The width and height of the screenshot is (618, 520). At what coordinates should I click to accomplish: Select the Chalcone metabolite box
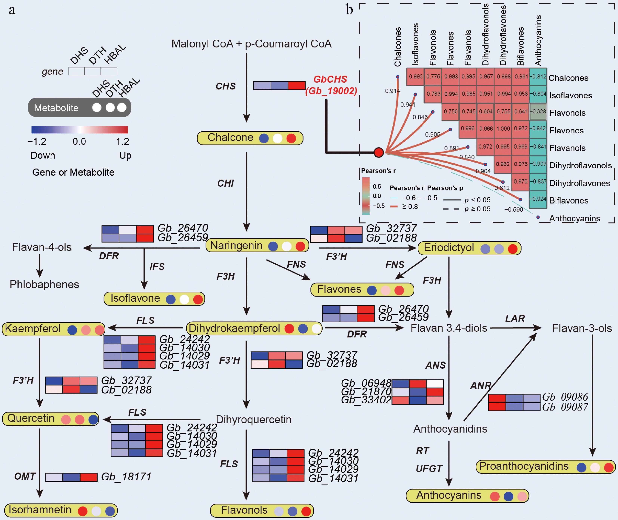tap(250, 138)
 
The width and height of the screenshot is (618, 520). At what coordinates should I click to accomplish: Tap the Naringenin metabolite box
tap(257, 246)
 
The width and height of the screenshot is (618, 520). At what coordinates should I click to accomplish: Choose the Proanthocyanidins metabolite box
tap(545, 467)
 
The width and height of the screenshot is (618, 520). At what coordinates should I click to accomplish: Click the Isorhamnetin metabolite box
tap(61, 510)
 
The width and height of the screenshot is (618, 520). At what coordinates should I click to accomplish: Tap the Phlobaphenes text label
tap(44, 284)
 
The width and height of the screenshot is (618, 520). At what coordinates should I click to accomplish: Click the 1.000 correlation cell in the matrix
tap(503, 129)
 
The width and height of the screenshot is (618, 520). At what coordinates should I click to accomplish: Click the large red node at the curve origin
tap(379, 152)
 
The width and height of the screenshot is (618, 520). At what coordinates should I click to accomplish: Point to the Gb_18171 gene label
tap(126, 477)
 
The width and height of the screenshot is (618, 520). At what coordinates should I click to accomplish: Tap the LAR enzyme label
tap(515, 318)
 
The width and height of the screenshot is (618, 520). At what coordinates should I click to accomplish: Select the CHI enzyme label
tap(226, 183)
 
